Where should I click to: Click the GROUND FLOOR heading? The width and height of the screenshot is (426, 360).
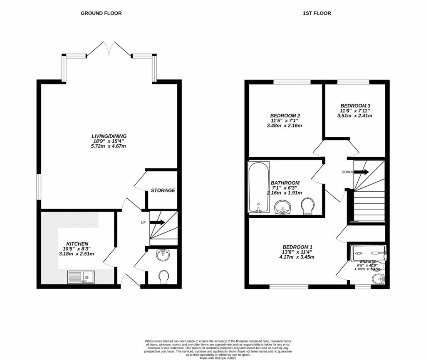[x=101, y=13]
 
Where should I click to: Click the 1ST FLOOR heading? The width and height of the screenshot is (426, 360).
[x=317, y=13]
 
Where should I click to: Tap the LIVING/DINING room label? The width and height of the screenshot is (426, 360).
[x=109, y=136]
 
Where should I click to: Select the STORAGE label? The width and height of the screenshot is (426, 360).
[x=163, y=190]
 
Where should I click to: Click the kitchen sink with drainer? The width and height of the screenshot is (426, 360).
[x=80, y=277]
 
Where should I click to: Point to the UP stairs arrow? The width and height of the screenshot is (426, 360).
[x=157, y=222]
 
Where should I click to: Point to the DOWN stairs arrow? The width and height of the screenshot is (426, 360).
[x=361, y=172]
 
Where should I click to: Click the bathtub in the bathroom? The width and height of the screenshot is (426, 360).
[x=258, y=188]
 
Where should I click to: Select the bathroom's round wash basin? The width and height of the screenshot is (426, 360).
[x=284, y=206]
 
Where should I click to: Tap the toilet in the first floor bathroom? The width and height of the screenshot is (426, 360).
[x=308, y=206]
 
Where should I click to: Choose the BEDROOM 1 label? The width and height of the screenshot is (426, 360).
[x=296, y=246]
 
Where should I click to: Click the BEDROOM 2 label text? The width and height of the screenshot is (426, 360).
[x=285, y=116]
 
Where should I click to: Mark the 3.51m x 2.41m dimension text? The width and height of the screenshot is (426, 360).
[x=354, y=116]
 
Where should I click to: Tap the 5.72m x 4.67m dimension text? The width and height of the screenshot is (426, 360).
[x=109, y=146]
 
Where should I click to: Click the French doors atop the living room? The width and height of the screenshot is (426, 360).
[x=109, y=49]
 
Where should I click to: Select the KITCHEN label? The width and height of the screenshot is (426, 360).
[x=77, y=244]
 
